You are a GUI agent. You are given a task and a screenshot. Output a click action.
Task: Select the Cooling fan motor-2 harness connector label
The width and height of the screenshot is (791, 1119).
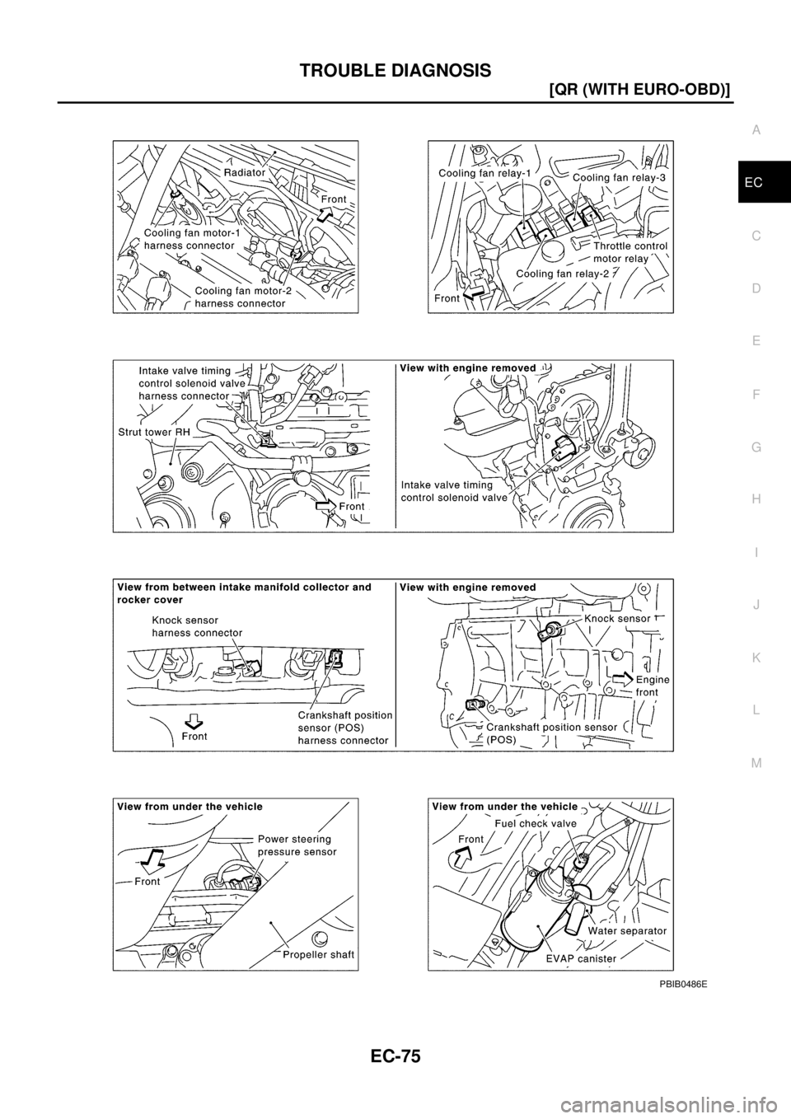(x=241, y=297)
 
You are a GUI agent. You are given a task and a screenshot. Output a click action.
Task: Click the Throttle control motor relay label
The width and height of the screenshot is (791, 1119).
(x=629, y=251)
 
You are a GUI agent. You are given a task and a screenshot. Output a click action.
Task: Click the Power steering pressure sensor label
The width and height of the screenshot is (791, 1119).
(x=297, y=845)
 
